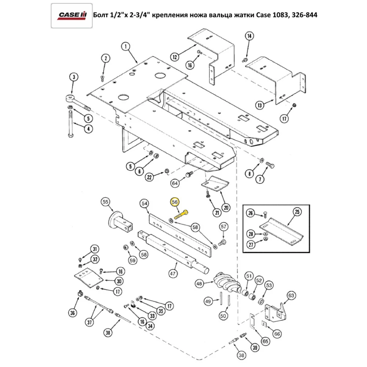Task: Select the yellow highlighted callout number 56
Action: (x=175, y=202)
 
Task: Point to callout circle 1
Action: (x=126, y=47)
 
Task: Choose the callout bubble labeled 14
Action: (x=249, y=36)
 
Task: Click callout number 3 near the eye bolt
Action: (x=74, y=77)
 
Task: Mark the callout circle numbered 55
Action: (x=105, y=202)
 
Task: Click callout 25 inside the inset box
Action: (x=297, y=212)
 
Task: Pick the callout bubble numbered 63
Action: (x=291, y=295)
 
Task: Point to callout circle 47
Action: (x=172, y=273)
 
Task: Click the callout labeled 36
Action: (x=72, y=313)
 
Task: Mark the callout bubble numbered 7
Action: (x=260, y=179)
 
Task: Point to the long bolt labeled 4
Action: (x=70, y=123)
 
